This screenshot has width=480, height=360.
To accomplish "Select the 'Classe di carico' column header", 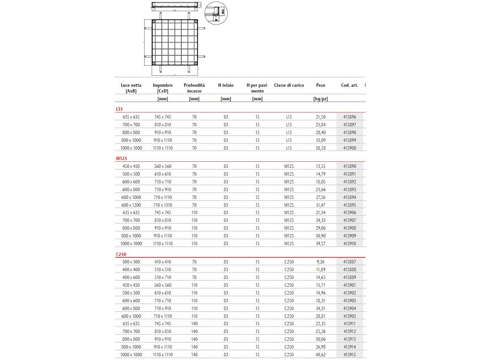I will [289, 85].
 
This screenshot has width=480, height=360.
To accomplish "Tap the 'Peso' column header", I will [321, 85].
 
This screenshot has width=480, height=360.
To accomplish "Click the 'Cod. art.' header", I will [349, 85].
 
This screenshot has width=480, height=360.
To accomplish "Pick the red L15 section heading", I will [119, 109].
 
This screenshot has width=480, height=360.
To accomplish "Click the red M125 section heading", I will [122, 158].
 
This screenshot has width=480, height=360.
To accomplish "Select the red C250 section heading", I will [121, 254].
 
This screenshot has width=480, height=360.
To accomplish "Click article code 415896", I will [350, 117].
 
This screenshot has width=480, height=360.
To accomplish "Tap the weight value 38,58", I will [321, 148].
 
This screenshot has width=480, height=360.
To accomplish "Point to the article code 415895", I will [350, 205].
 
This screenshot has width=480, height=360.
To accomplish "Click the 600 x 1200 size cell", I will [131, 205].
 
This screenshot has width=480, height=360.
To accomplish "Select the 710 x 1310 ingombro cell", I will [163, 205].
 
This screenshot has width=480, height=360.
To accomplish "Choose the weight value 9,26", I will [321, 262].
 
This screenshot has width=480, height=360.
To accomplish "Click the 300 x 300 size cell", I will [131, 262].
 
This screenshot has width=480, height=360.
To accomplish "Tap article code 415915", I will [350, 355].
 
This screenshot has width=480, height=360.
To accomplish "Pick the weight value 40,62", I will [321, 355].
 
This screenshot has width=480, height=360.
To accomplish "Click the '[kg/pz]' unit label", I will [321, 99].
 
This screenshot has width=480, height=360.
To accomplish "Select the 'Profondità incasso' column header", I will [194, 88].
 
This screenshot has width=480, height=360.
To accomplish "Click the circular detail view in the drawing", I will [216, 13].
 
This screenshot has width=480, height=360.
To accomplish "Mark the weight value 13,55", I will [321, 166].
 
